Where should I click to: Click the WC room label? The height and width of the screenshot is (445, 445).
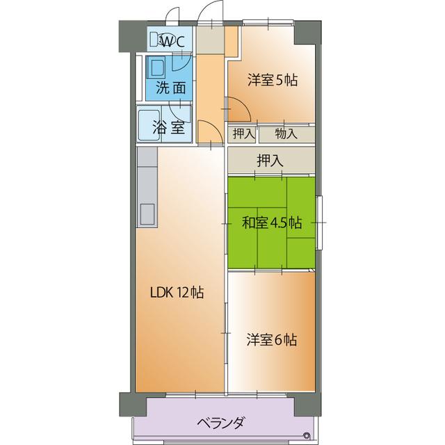coord(171,40)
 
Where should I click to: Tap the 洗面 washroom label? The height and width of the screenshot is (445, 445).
coord(170,88)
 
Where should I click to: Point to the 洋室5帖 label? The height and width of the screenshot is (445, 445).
coord(272,80)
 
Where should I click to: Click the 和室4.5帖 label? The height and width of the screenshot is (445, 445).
coord(271,223)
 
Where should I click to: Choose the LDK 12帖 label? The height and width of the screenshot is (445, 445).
coord(177,293)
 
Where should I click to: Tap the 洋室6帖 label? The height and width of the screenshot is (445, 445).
coord(272,340)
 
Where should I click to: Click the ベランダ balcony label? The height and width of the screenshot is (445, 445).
coord(220,422)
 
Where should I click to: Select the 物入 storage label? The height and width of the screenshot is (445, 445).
coord(286,133)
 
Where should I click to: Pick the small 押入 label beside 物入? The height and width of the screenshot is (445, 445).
coord(243,133)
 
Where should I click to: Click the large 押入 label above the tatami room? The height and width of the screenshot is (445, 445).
coord(270,160)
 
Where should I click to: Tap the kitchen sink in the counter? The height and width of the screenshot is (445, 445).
coord(147,214)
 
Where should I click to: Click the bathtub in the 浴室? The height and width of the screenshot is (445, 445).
coord(147,124)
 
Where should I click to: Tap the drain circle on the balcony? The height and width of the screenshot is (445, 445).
coord(307,436)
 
